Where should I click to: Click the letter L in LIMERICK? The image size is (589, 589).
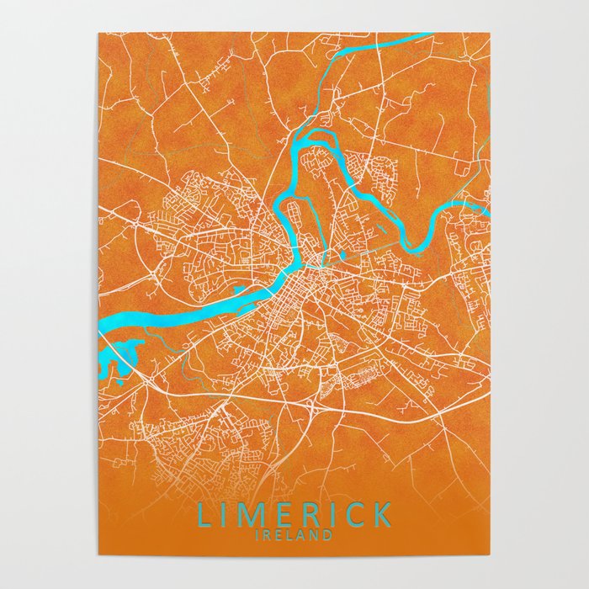[x=203, y=513]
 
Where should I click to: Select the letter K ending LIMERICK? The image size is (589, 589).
[x=382, y=513]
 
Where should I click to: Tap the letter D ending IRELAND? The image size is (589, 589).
[x=328, y=533]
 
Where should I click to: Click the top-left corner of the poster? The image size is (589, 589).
[x=98, y=34]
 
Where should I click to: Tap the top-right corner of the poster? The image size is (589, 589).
[x=490, y=34]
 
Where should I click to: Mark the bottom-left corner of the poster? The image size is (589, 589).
[x=98, y=555]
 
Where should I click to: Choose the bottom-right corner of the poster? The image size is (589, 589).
[x=490, y=555]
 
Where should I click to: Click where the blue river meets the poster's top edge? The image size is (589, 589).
[x=425, y=35]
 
